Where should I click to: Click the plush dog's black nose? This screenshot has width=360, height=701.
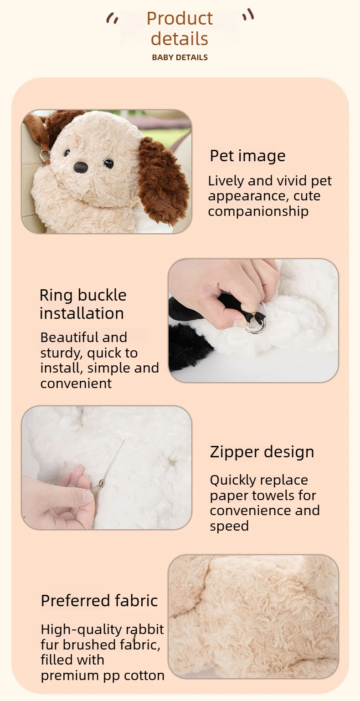pyautogui.click(x=81, y=168)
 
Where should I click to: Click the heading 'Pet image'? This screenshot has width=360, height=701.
pyautogui.click(x=247, y=155)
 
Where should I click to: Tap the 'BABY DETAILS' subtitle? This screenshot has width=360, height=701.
pyautogui.click(x=180, y=57)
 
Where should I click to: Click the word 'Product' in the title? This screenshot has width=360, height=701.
pyautogui.click(x=180, y=19)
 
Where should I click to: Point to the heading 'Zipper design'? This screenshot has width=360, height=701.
pyautogui.click(x=262, y=452)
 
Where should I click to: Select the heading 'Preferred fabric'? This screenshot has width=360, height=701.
pyautogui.click(x=99, y=600)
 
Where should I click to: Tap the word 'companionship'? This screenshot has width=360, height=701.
pyautogui.click(x=258, y=211)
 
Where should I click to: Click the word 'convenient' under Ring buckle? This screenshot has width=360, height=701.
pyautogui.click(x=76, y=384)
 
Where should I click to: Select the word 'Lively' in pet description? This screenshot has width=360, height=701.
pyautogui.click(x=226, y=181)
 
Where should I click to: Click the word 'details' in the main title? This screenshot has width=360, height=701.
pyautogui.click(x=180, y=39)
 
